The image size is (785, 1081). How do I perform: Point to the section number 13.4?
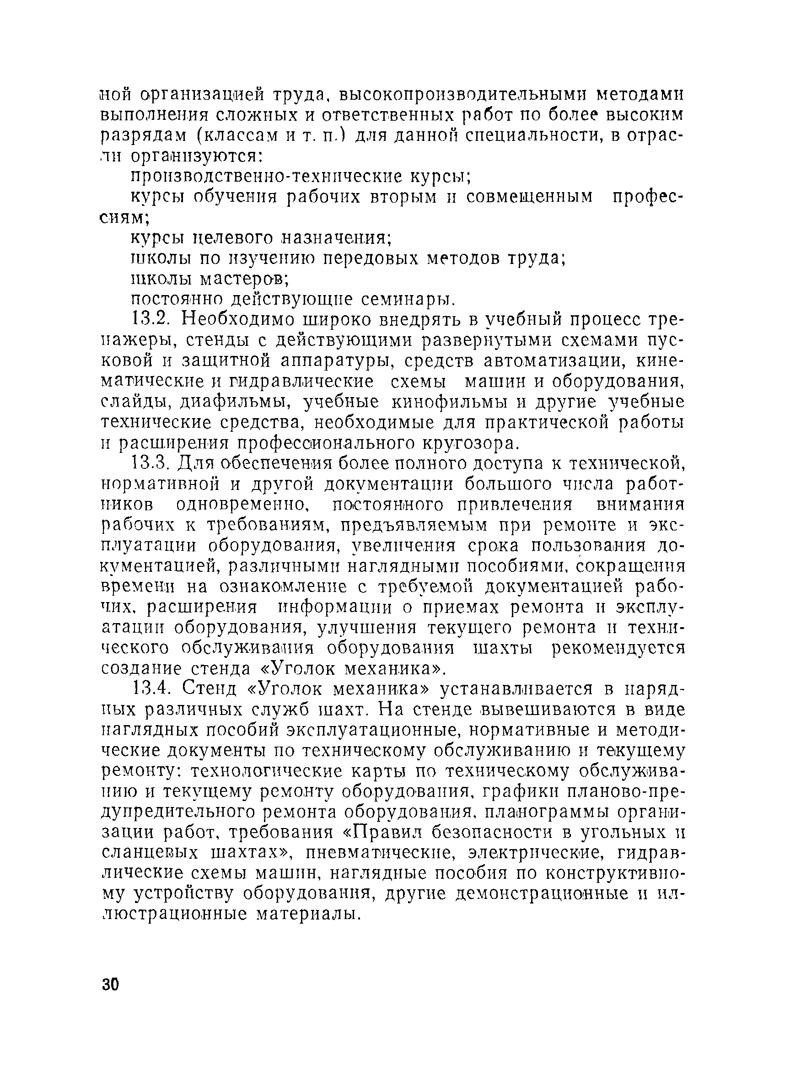pos(150,689)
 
